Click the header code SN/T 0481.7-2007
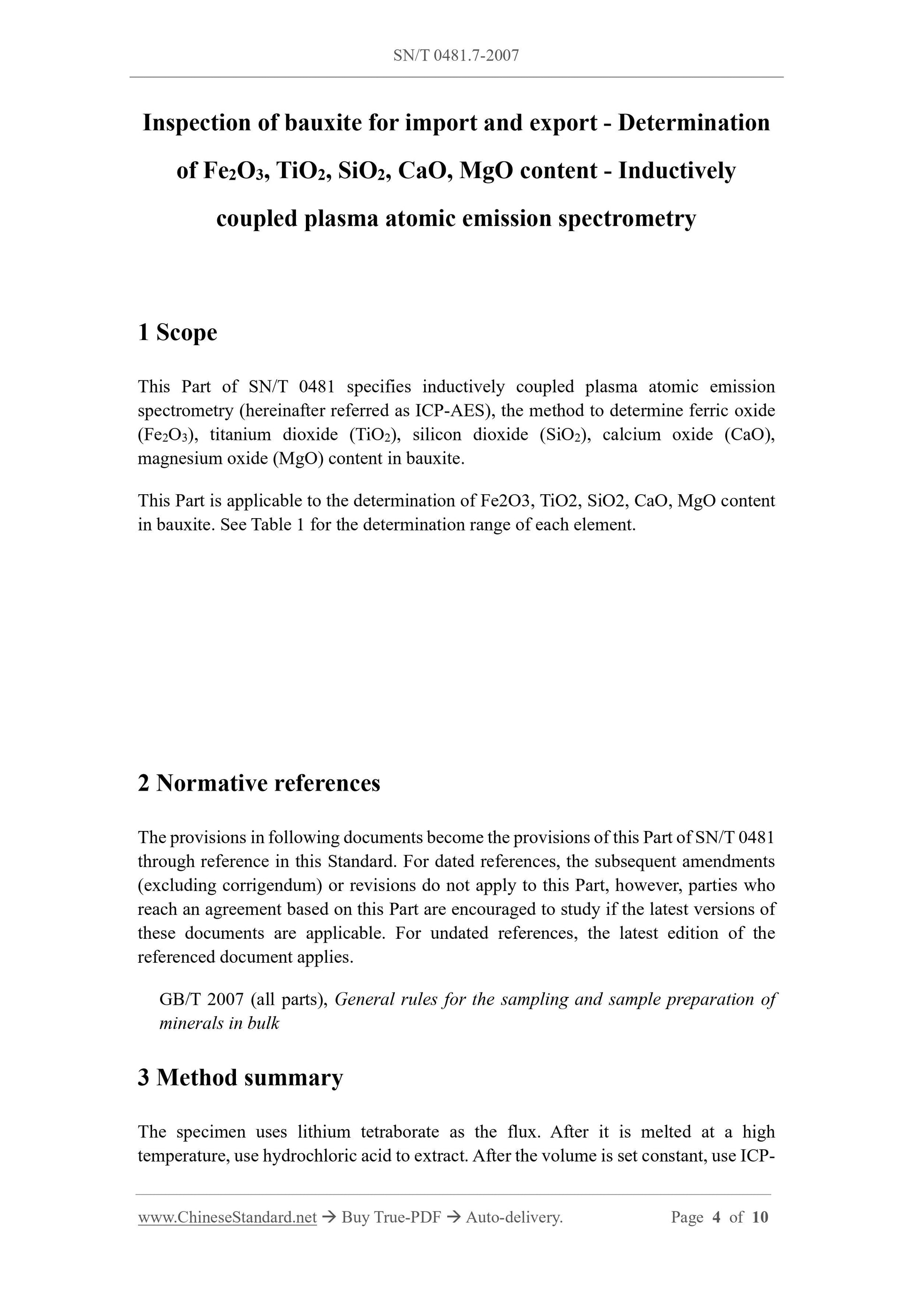[456, 55]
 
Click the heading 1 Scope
[177, 332]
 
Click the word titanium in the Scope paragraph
[241, 435]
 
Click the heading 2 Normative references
[259, 783]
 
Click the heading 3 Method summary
[240, 1077]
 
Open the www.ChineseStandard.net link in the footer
[227, 1217]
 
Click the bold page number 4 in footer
[716, 1217]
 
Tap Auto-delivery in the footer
[514, 1217]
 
